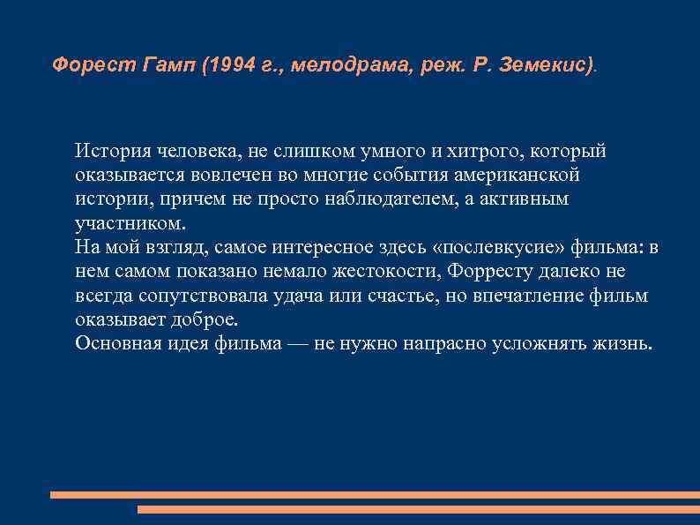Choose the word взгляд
[171, 247]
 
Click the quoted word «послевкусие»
[493, 247]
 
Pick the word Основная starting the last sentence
[119, 343]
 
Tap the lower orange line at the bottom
[418, 509]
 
